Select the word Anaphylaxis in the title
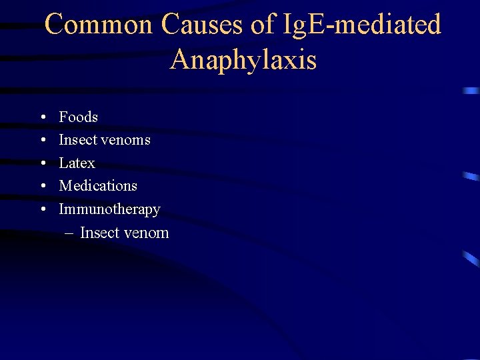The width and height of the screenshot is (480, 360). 243,60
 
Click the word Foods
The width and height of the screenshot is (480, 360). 78,117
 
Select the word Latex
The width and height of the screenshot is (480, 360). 77,163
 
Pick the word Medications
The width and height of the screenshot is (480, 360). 98,186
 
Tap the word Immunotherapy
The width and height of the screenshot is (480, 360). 109,209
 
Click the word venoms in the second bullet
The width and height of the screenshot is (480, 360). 126,141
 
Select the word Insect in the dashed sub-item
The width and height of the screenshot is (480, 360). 99,233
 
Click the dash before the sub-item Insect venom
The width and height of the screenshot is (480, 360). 69,234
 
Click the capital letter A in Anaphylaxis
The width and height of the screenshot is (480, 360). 179,60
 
